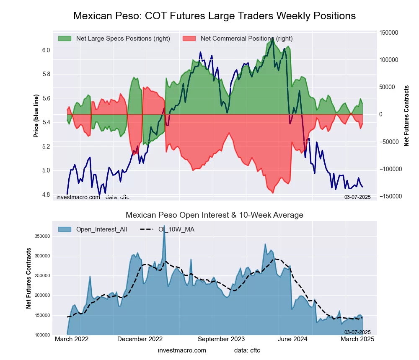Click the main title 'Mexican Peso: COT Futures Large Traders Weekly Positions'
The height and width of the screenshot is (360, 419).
pos(214,16)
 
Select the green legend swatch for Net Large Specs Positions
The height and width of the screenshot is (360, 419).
pos(65,39)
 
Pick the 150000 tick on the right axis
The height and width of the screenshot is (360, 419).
pos(388,33)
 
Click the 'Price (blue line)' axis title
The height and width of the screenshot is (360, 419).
pos(36,116)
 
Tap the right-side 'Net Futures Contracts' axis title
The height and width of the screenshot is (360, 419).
pos(406,116)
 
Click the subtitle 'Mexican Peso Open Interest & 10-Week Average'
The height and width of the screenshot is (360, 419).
pos(214,215)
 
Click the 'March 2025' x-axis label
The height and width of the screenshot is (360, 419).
pos(357,339)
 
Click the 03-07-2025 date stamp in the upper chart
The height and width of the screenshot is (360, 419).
pos(357,197)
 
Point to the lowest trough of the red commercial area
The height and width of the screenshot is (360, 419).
pos(273,193)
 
